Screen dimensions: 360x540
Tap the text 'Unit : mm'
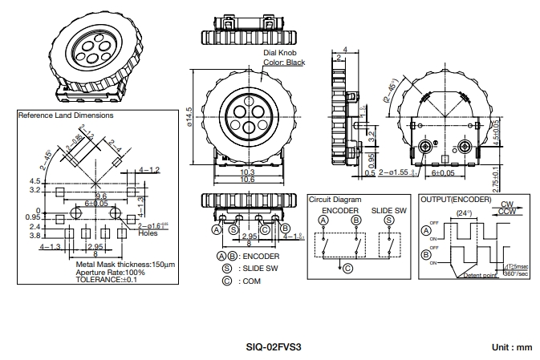click(510, 347)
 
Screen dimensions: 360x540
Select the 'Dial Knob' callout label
click(280, 53)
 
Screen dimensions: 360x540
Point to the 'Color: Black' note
click(284, 63)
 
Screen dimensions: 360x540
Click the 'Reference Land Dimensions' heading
click(66, 115)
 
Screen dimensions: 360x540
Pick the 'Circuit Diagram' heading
click(335, 199)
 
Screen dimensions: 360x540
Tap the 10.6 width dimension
click(247, 179)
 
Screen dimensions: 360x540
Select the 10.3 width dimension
click(247, 171)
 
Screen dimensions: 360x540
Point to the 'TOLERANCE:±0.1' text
click(107, 280)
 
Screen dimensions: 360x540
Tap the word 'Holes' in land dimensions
click(148, 233)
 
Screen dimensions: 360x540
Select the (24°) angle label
click(461, 212)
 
